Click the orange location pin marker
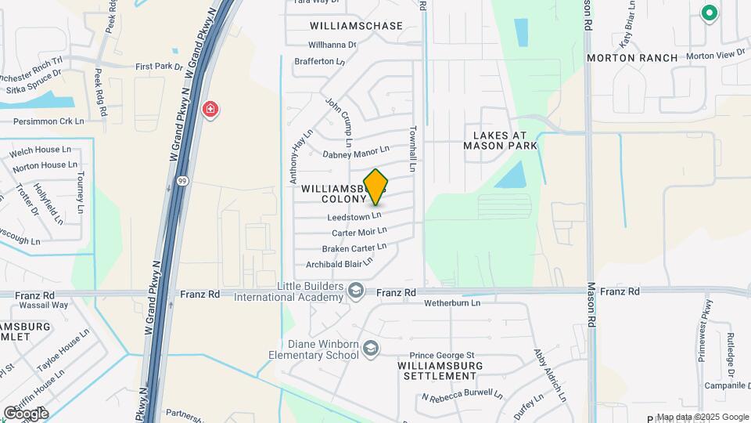point(375,186)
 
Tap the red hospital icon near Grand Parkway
point(210,109)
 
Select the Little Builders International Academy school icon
point(356,291)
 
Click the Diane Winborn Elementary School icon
point(371,349)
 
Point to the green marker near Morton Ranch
point(709,13)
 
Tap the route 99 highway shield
point(181,181)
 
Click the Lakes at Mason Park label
point(500,140)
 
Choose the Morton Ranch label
point(620,58)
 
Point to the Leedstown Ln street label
point(354,215)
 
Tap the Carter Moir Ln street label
point(359,232)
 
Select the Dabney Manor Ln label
point(356,151)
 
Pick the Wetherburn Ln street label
point(451,302)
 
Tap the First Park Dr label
point(159,67)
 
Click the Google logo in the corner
point(26,413)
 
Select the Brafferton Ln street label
point(319,61)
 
